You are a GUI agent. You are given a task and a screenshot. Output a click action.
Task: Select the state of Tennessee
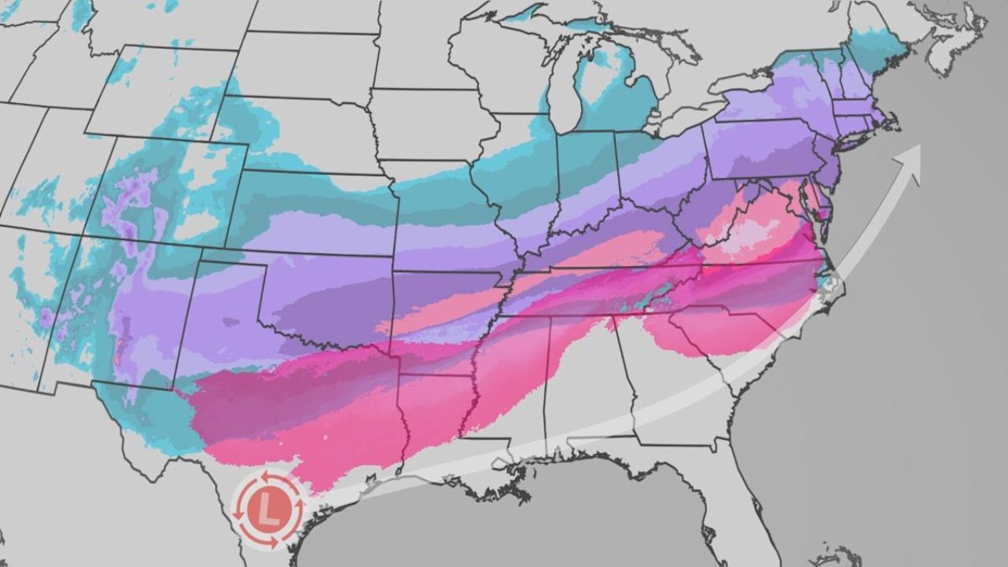click(598, 295)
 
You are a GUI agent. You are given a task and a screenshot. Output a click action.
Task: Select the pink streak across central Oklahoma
click(441, 311)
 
